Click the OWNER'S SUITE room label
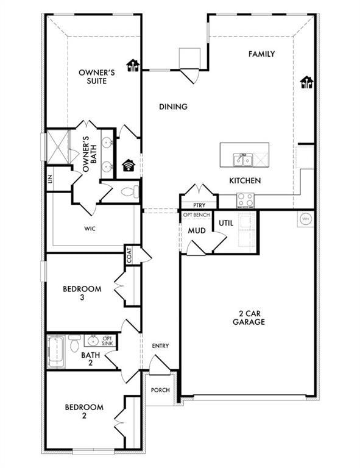[x=93, y=77]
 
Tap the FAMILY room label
[x=261, y=54]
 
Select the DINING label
[x=173, y=107]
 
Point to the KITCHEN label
[x=245, y=180]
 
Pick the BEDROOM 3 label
[x=82, y=293]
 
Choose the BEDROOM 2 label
[x=82, y=411]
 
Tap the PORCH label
[x=160, y=391]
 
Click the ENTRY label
[x=160, y=346]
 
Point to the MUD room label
[x=196, y=231]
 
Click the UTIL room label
[x=226, y=224]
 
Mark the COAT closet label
[x=129, y=256]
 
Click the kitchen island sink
[x=242, y=160]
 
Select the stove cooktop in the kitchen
[x=245, y=200]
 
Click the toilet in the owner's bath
[x=129, y=193]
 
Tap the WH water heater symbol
[x=305, y=218]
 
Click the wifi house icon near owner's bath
[x=129, y=165]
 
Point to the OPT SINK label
[x=107, y=341]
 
